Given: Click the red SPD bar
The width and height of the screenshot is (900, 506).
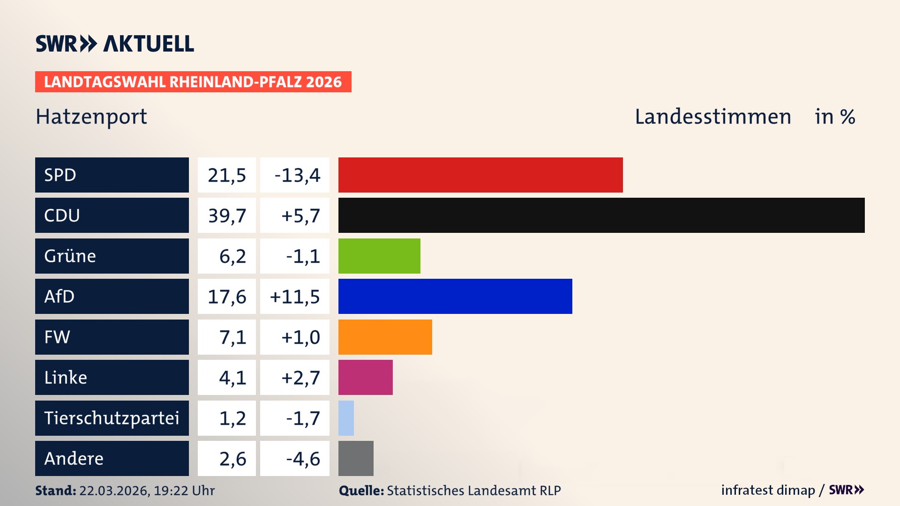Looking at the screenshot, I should tap(480, 175).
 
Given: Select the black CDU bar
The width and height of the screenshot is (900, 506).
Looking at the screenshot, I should tap(601, 215).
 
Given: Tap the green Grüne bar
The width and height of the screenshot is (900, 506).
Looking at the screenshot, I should tap(379, 256).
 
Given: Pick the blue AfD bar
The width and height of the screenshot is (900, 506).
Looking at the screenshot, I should tap(455, 296).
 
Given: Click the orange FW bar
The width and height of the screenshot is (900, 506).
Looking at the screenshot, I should tap(385, 337).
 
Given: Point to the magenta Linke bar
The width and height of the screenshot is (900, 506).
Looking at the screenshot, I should tap(365, 377).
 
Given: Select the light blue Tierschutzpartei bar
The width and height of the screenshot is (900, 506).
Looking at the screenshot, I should tap(346, 418).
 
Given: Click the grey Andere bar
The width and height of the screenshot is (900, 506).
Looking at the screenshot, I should tap(356, 458).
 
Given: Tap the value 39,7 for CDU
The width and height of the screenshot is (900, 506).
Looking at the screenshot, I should tap(227, 216).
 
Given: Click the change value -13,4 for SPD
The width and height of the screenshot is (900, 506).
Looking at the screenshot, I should tap(297, 175).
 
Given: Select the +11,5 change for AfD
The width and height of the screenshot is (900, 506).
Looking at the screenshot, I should tap(295, 297).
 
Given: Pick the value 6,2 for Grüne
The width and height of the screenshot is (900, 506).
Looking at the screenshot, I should tap(232, 256).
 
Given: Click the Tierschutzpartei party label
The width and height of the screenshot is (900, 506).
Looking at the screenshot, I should tap(112, 418).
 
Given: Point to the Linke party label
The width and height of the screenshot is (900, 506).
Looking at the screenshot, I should tap(66, 377).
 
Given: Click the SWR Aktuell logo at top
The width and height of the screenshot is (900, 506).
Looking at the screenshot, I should tap(115, 44).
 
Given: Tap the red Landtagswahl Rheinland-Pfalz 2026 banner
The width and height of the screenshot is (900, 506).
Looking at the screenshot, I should tap(193, 82).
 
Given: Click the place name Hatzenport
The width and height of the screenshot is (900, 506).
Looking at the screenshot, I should tap(91, 117).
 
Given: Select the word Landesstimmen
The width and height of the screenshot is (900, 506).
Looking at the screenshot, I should tap(713, 117).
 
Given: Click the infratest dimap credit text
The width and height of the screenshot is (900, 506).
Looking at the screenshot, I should tap(768, 490).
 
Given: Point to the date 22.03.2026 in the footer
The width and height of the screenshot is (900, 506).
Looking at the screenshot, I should tap(114, 491).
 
